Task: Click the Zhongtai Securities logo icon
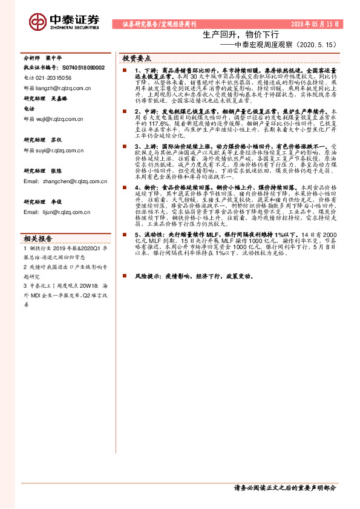pyautogui.click(x=38, y=22)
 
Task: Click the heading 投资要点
pyautogui.click(x=137, y=58)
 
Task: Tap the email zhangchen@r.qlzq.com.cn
pyautogui.click(x=66, y=181)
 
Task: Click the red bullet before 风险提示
pyautogui.click(x=124, y=276)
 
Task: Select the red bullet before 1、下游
pyautogui.click(x=124, y=71)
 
